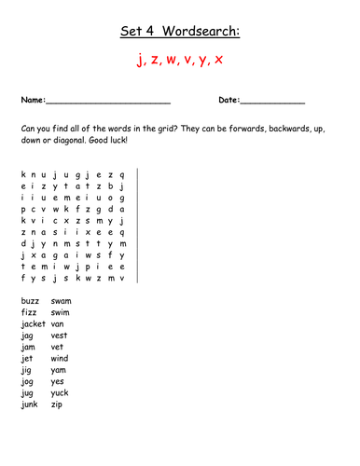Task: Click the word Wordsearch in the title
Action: point(204,33)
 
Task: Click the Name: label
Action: point(32,99)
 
